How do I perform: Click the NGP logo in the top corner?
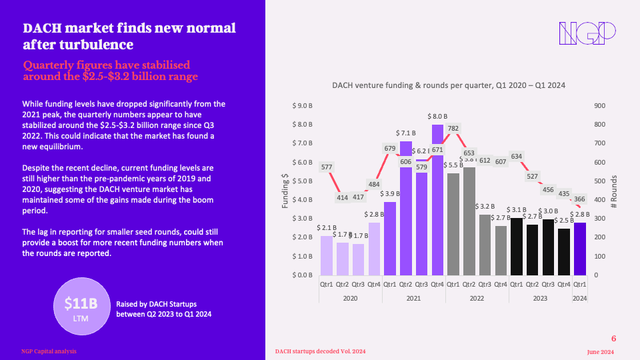[586, 33]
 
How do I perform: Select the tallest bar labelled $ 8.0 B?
[437, 200]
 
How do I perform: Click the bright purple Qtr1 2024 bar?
[580, 249]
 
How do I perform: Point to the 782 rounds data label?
[453, 128]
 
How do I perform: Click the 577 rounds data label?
[327, 167]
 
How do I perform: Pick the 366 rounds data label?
[579, 199]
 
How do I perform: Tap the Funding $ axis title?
[285, 190]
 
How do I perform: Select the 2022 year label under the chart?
[477, 299]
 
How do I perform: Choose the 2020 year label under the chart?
[350, 299]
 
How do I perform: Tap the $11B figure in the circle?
[81, 304]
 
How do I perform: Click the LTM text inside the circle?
[81, 319]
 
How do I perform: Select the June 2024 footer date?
[600, 351]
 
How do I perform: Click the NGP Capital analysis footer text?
[48, 351]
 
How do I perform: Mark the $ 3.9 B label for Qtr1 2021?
[390, 194]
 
